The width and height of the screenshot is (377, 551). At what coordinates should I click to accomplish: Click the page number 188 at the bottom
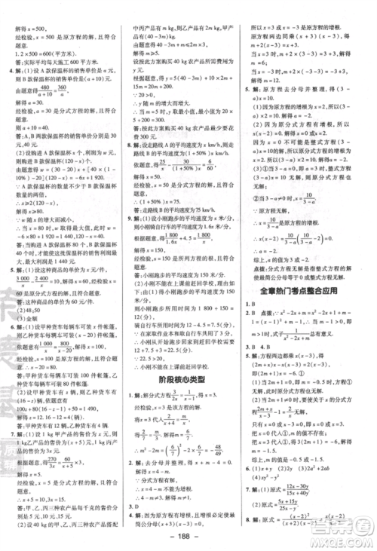tap(188, 539)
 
